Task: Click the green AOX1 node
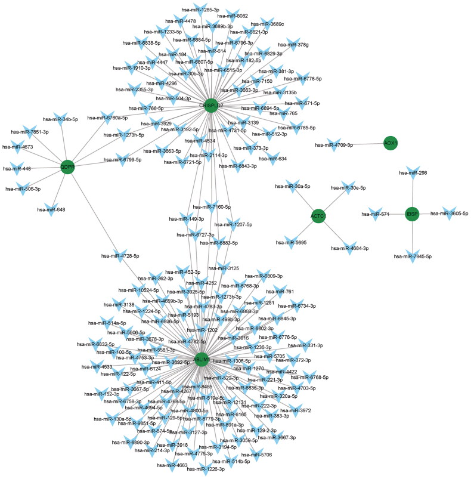pos(391,144)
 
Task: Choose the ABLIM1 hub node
pos(202,359)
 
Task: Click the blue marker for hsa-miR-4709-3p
pos(361,144)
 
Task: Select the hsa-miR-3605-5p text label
pos(450,213)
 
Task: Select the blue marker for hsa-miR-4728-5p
pos(120,255)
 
